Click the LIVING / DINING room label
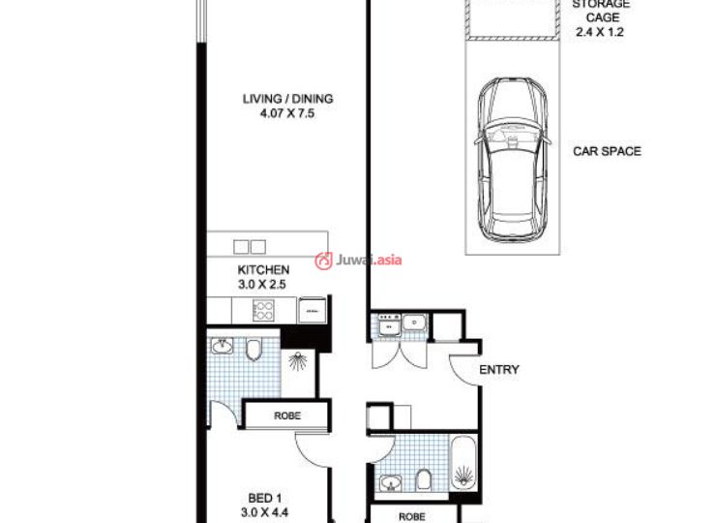(287, 99)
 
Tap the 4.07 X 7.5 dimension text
(287, 113)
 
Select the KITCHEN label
(263, 269)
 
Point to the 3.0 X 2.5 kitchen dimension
(262, 285)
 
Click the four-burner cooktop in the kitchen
(263, 311)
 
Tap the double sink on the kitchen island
(250, 247)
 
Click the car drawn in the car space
(512, 161)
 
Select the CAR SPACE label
(607, 151)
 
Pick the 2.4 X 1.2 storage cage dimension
(600, 32)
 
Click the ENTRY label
(499, 369)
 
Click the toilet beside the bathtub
(424, 480)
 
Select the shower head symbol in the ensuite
(298, 361)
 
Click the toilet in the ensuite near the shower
(254, 350)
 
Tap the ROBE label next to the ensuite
(287, 415)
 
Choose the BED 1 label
(265, 498)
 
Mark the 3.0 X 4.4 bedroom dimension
(264, 512)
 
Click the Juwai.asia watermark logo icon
(323, 261)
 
